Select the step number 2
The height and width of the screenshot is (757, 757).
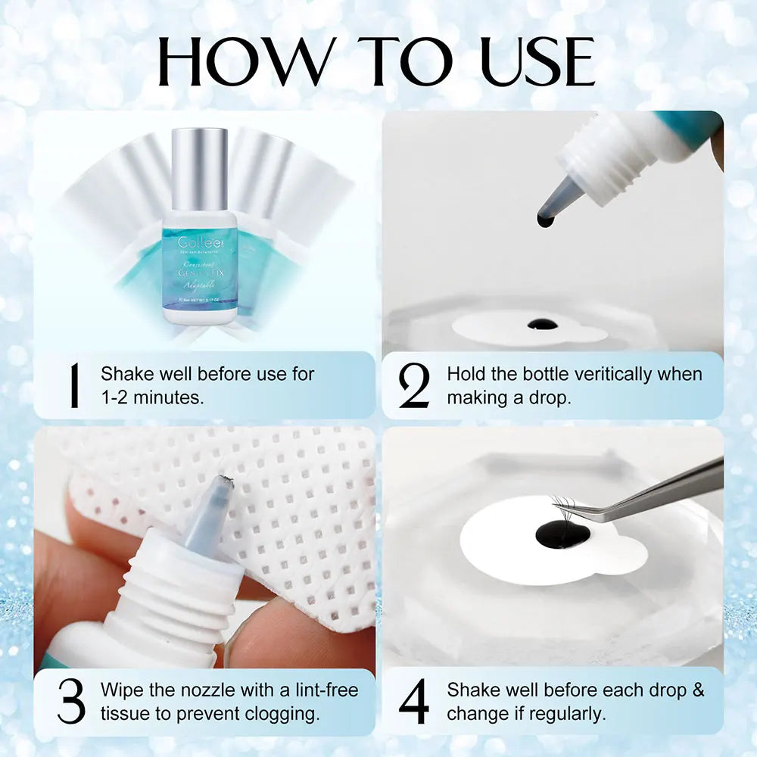tap(414, 385)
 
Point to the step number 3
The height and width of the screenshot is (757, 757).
tap(71, 701)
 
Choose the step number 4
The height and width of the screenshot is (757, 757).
tap(414, 701)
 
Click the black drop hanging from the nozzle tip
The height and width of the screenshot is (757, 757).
tap(545, 220)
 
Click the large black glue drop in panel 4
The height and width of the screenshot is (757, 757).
tap(562, 535)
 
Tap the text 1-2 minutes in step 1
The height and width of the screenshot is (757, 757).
tap(152, 397)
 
